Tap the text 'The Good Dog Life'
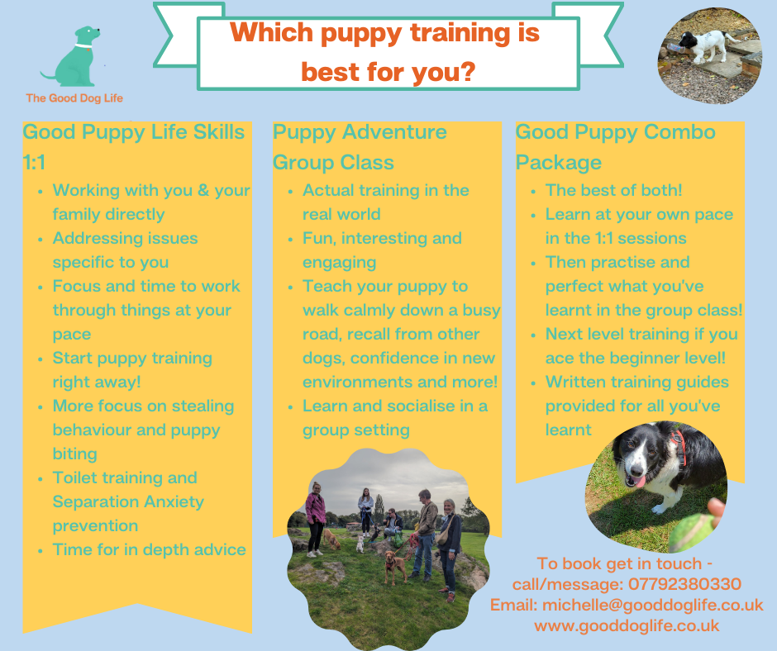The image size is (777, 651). tap(74, 98)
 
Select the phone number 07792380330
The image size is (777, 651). tap(684, 584)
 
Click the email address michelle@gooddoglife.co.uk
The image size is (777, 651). tap(653, 605)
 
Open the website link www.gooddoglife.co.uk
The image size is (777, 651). tap(627, 625)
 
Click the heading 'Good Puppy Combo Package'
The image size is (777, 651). tap(616, 147)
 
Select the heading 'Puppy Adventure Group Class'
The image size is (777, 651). tap(360, 147)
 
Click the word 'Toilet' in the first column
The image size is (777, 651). tap(75, 478)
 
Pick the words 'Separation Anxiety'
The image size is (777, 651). tap(128, 501)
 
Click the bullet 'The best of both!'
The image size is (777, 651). tap(613, 190)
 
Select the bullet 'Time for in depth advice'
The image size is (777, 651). tap(149, 550)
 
